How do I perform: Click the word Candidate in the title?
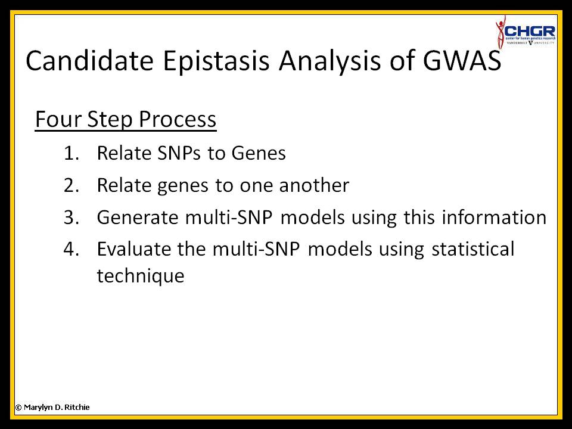click(x=90, y=60)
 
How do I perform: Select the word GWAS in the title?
click(x=462, y=60)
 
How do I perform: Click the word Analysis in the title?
click(x=329, y=61)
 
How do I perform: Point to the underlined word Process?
click(x=178, y=119)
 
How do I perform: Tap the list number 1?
click(x=71, y=153)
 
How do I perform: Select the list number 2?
click(x=71, y=185)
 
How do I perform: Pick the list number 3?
click(x=71, y=217)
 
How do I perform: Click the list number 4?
click(x=71, y=249)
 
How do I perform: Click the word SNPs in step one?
click(x=179, y=153)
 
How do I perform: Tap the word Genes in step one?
click(x=258, y=153)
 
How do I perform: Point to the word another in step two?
click(x=314, y=185)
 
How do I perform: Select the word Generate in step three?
click(x=138, y=217)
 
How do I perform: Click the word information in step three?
click(x=494, y=217)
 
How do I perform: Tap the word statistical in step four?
click(x=472, y=249)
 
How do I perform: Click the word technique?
click(x=141, y=276)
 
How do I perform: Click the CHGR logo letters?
click(x=530, y=31)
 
